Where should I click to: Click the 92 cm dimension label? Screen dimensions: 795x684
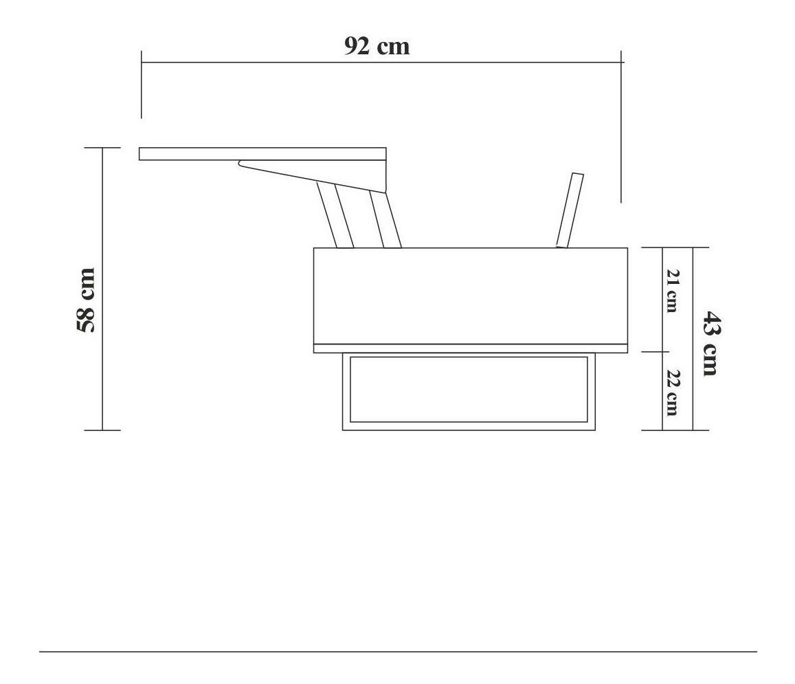377,46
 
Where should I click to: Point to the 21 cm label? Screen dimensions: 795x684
672,291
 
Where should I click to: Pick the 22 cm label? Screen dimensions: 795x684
672,393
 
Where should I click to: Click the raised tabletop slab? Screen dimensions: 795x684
262,154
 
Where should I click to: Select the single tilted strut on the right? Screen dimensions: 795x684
570,210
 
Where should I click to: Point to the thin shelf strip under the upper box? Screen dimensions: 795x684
471,349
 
